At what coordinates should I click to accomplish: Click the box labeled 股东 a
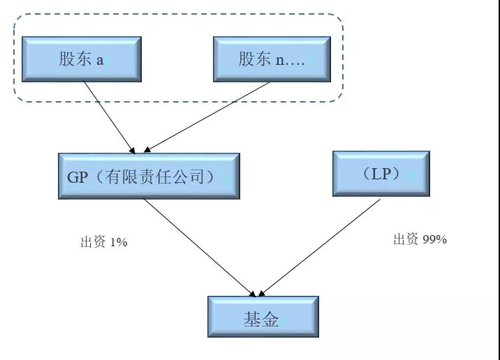pos(81,59)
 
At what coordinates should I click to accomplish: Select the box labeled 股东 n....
pos(272,59)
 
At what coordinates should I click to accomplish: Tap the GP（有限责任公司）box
pos(148,177)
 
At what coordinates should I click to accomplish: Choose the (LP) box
pos(381,174)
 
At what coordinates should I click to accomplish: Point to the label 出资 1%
pos(104,243)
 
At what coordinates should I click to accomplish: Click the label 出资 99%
pos(419,240)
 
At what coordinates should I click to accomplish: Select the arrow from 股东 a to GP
pos(108,116)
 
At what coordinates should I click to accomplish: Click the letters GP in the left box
pos(78,177)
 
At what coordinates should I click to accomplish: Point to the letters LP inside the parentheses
pos(381,174)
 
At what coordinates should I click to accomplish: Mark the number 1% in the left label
pos(118,243)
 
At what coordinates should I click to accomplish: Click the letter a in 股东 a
pos(100,60)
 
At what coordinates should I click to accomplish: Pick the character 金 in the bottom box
pos(271,320)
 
